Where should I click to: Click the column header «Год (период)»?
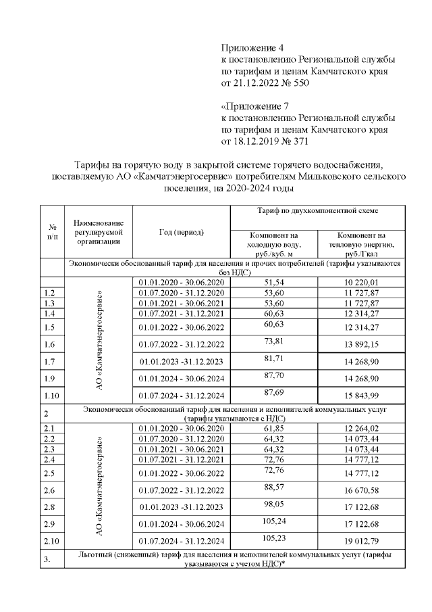click(182, 232)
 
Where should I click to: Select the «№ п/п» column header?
click(51, 232)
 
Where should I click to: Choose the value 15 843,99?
click(362, 394)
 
